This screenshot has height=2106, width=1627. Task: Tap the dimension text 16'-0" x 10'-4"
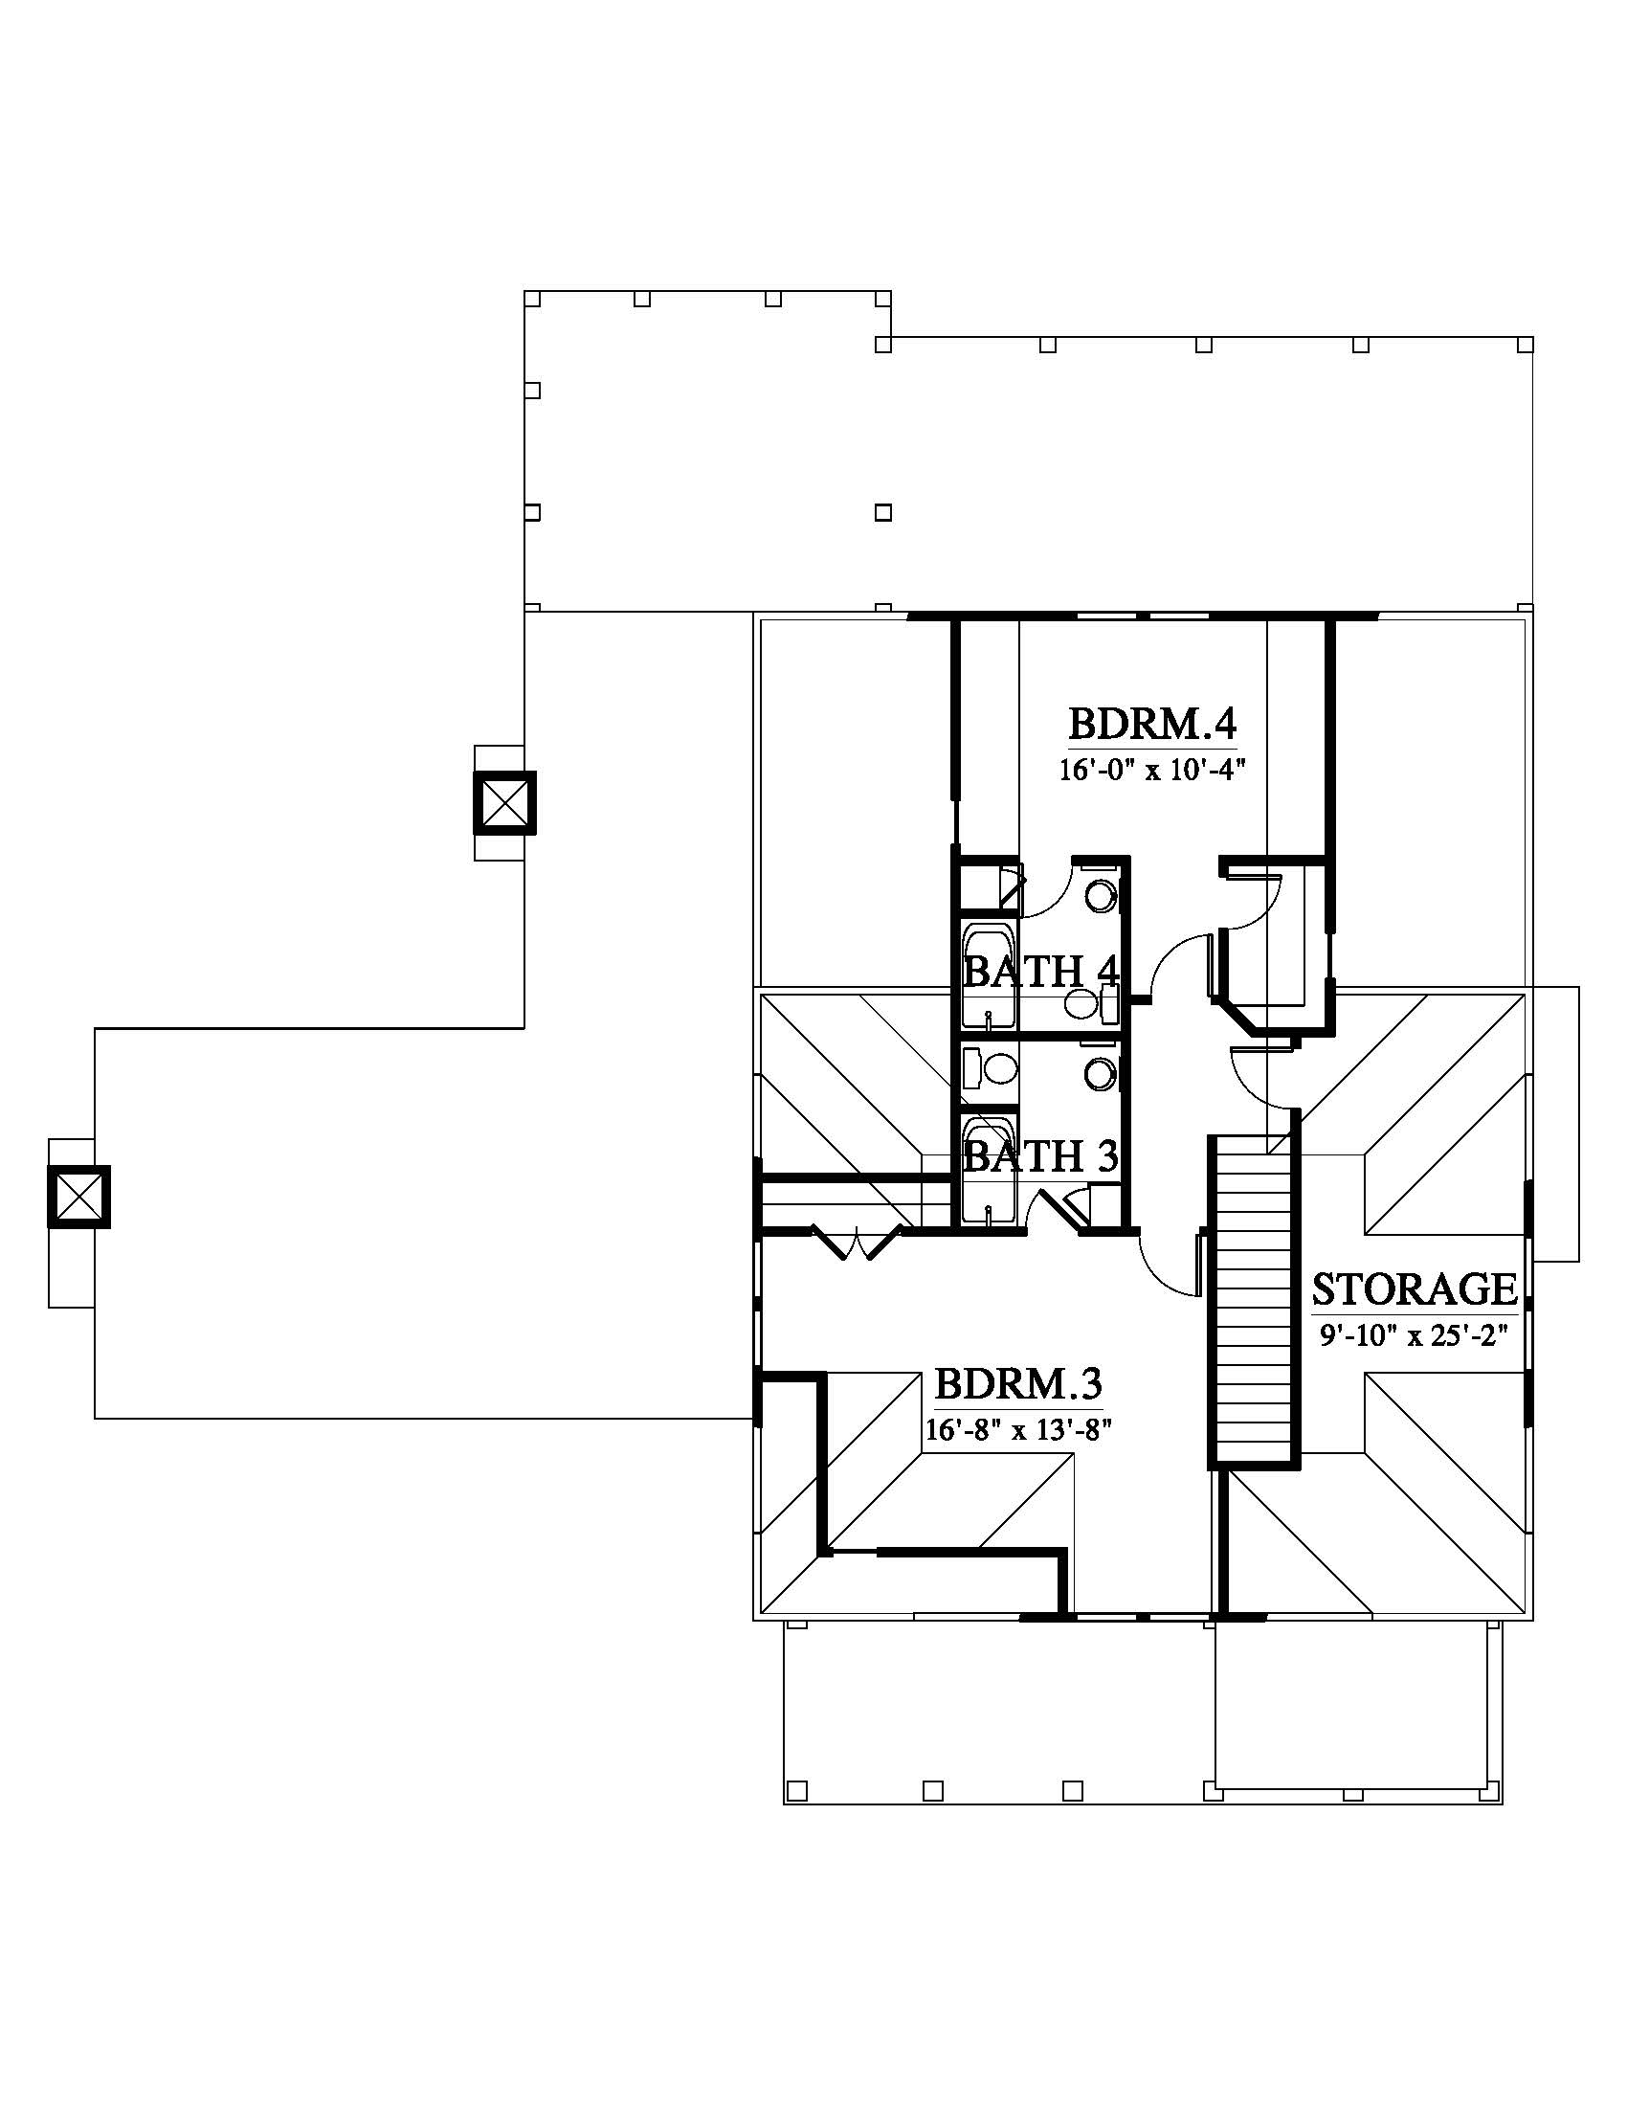[x=1153, y=771]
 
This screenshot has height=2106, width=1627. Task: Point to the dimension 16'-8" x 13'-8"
[x=1019, y=1429]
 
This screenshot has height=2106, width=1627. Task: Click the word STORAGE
[x=1415, y=1289]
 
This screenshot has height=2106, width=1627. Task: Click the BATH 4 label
[x=1041, y=972]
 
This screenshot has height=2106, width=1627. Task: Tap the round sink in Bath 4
[x=1101, y=896]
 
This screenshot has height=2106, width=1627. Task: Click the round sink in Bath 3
[x=1101, y=1073]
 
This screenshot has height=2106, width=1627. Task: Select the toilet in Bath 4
[x=1089, y=1006]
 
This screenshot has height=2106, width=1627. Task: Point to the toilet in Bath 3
[x=990, y=1068]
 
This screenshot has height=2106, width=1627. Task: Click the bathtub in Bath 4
[x=989, y=975]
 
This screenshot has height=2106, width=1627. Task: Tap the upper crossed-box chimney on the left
[x=503, y=802]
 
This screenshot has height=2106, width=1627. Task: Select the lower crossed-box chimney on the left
[x=79, y=1197]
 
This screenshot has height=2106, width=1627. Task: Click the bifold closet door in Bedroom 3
[x=858, y=1243]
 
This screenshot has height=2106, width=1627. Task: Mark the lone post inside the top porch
[x=883, y=512]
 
